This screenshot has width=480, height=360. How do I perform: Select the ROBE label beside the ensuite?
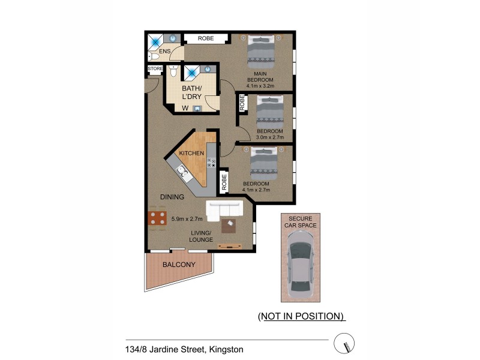206,38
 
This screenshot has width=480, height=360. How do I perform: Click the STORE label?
155,70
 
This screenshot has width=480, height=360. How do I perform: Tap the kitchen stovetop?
211,162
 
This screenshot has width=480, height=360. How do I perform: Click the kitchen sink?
182,172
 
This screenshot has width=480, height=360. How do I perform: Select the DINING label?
172,197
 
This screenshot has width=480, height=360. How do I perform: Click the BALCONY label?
179,265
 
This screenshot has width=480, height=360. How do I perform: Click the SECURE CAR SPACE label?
300,222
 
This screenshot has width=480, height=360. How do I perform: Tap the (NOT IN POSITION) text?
301,316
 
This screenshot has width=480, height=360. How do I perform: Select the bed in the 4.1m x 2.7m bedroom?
263,163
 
